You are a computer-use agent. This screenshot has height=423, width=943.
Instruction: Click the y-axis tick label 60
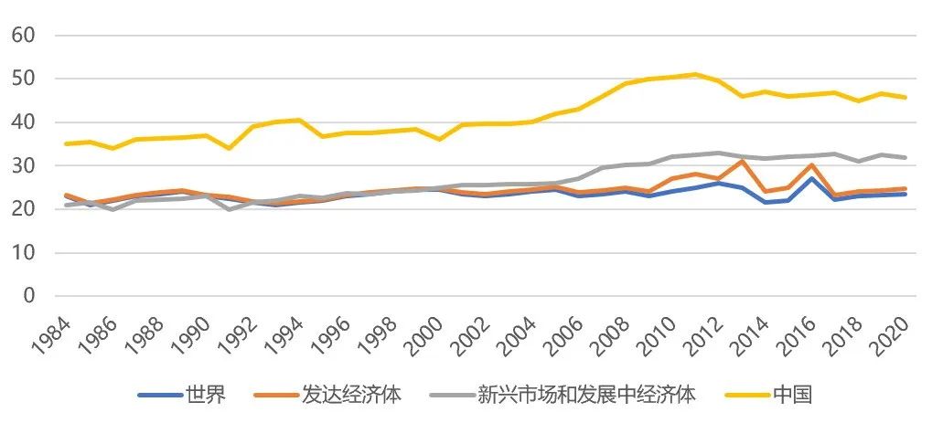(x=22, y=36)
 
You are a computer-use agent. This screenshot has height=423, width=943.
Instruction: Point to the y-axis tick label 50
(x=22, y=79)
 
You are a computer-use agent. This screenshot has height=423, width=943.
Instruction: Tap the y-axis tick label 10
(x=22, y=253)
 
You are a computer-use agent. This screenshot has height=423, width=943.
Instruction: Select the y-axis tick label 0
(x=27, y=296)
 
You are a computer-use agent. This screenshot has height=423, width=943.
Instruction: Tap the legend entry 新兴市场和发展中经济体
(x=586, y=395)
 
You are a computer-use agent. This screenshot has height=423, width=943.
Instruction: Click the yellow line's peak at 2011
(x=695, y=74)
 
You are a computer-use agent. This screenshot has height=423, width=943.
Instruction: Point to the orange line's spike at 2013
(x=742, y=162)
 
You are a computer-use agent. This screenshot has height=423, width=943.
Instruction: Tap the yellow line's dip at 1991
(x=229, y=148)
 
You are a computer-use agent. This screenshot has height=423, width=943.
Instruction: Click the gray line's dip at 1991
(x=229, y=209)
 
